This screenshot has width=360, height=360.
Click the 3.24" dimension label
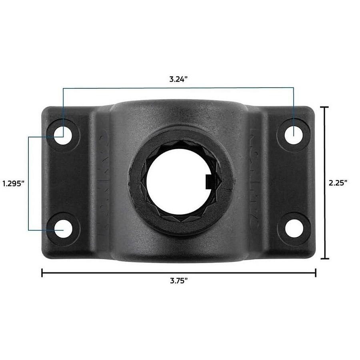point(178,79)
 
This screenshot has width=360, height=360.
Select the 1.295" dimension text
point(14,183)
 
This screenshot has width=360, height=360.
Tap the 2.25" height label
point(338,182)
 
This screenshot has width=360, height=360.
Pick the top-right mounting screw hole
point(293,134)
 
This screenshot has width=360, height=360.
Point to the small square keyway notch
point(209,182)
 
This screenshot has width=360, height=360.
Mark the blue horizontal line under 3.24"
point(178,88)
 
